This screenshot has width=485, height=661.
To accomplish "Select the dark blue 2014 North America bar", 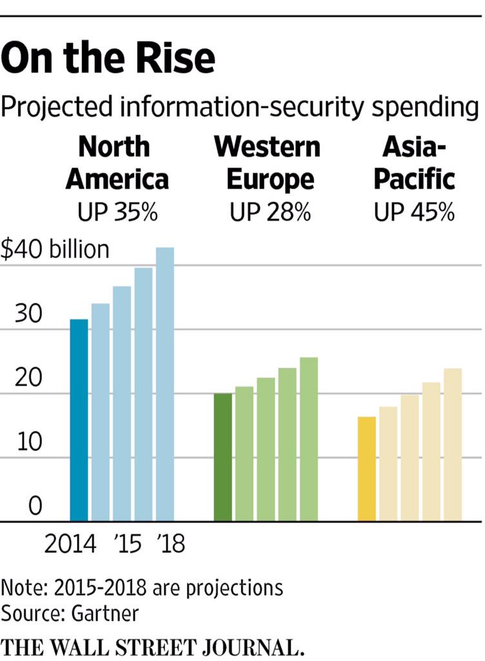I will pyautogui.click(x=79, y=420).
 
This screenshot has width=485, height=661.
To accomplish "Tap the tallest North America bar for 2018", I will pyautogui.click(x=165, y=384).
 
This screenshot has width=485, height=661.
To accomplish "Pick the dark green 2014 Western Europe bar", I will pyautogui.click(x=223, y=456).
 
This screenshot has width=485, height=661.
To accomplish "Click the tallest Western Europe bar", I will pyautogui.click(x=309, y=439).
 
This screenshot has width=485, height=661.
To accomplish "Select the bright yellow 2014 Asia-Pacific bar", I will pyautogui.click(x=367, y=469).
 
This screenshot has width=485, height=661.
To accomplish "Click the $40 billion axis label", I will pyautogui.click(x=55, y=249).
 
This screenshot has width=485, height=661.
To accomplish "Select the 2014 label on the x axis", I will pyautogui.click(x=70, y=544).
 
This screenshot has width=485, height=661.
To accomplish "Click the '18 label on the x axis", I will pyautogui.click(x=171, y=544).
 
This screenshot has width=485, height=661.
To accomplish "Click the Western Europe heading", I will pyautogui.click(x=267, y=163).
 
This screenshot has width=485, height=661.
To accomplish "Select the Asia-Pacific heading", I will pyautogui.click(x=415, y=163).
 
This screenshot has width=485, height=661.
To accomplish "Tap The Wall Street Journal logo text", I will pyautogui.click(x=153, y=646).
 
